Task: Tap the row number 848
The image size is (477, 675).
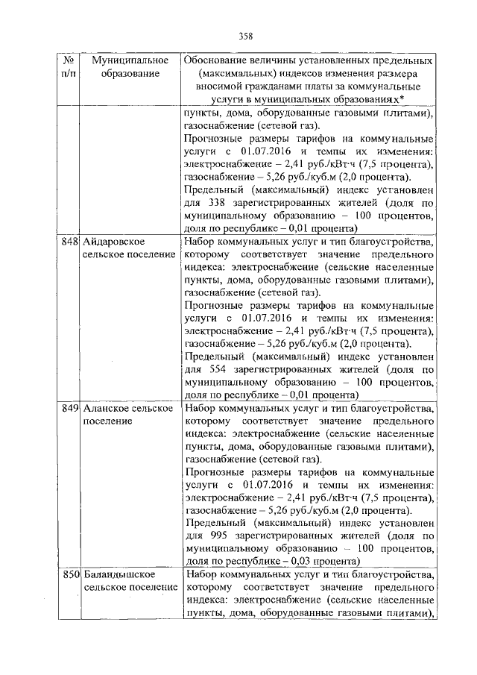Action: [x=70, y=242]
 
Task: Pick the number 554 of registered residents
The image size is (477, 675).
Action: [x=212, y=368]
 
